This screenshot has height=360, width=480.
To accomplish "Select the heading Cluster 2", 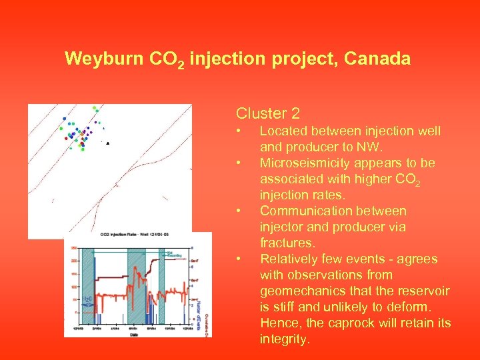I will (268, 114).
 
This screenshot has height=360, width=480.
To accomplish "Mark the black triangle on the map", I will (108, 143).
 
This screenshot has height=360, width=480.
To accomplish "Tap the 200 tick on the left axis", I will (74, 261).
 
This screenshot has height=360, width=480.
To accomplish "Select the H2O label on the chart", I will (87, 299).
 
